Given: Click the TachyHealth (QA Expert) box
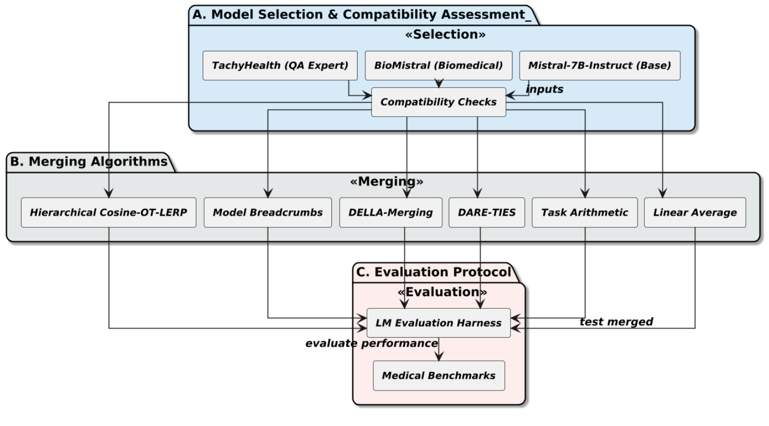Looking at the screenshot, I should tap(280, 66).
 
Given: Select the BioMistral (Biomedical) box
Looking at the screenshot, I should tap(438, 66).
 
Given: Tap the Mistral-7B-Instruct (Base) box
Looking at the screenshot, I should tap(599, 66).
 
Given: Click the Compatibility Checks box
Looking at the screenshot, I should tap(438, 102).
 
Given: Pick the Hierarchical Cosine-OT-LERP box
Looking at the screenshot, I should tap(108, 212).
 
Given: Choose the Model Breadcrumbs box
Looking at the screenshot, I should tap(267, 212).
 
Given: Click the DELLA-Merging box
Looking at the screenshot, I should tap(390, 212).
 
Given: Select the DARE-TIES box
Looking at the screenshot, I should tap(486, 212).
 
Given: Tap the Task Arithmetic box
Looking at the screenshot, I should tap(584, 212).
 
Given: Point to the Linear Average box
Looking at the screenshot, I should tap(695, 212).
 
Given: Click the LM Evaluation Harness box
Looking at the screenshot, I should tap(438, 323).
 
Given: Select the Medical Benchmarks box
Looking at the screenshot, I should tap(438, 376).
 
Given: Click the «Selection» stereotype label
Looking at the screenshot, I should tap(445, 34).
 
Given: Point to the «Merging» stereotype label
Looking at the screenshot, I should tap(386, 182).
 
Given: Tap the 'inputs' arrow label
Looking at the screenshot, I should tap(544, 89).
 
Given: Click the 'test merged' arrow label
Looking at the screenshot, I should tap(616, 322).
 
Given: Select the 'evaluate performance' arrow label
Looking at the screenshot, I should tap(371, 343).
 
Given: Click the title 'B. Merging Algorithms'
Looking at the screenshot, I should tap(89, 162).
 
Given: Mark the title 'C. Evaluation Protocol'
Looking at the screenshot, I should tap(433, 272).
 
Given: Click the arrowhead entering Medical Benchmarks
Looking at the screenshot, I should tap(439, 357).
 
